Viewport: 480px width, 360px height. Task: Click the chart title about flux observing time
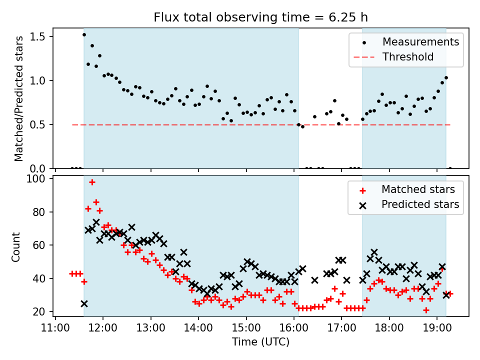coord(260,17)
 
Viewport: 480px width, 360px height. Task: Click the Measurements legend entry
coord(420,42)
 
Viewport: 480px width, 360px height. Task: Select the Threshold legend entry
coord(408,57)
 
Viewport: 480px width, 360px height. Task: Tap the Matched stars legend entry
coord(418,189)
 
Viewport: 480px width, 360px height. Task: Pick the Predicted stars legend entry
coord(420,204)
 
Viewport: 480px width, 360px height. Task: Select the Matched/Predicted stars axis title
coord(19,98)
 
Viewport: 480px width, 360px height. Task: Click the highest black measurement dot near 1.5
coord(84,34)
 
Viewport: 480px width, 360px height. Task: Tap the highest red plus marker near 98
coord(92,182)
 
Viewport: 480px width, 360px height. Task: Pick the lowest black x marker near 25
coord(84,303)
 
